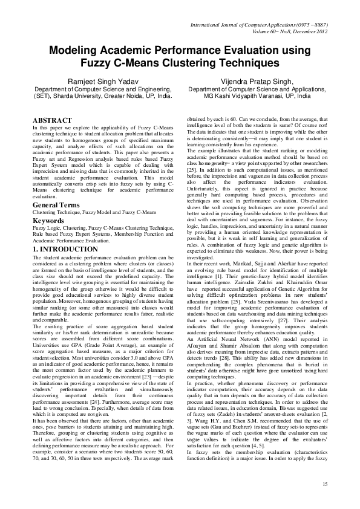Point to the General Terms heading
point(59,206)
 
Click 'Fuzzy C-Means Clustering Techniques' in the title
point(180,62)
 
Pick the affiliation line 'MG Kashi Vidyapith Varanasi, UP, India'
point(257,96)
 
